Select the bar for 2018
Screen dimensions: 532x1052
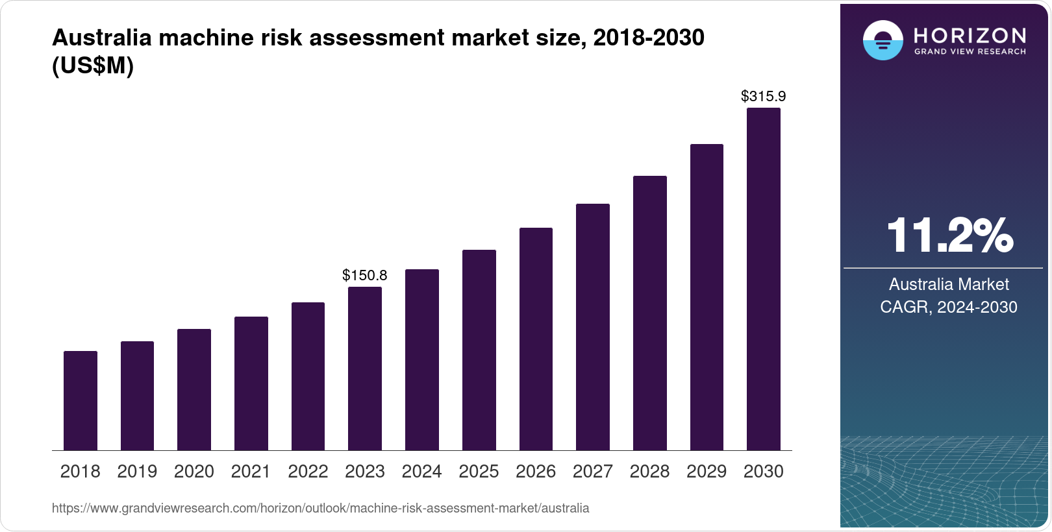click(x=81, y=401)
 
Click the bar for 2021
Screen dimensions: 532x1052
click(x=251, y=383)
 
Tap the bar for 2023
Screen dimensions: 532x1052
click(x=365, y=369)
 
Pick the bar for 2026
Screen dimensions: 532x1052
click(x=536, y=339)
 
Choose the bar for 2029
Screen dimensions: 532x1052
click(x=707, y=297)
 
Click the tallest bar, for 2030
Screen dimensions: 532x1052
click(x=764, y=279)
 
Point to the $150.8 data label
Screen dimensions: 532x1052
click(x=365, y=275)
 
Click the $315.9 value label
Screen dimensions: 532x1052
click(x=764, y=97)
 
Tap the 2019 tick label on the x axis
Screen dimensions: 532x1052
click(x=137, y=472)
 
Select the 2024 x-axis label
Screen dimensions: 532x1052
click(x=421, y=472)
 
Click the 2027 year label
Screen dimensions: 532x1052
click(x=592, y=472)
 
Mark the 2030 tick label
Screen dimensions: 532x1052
click(x=764, y=472)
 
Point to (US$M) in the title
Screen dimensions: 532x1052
click(x=93, y=66)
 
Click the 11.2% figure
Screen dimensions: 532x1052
click(x=949, y=236)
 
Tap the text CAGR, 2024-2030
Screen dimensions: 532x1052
click(x=949, y=307)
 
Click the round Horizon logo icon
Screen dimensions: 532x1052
click(x=883, y=40)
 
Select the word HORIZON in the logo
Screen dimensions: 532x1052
click(x=970, y=35)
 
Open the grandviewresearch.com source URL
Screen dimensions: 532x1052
click(x=321, y=508)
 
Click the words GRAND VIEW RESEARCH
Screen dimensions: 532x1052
click(x=970, y=51)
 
